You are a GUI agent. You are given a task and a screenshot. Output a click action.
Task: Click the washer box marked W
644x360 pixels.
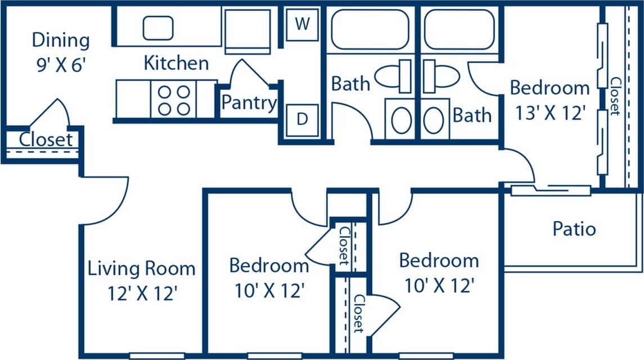point(303,25)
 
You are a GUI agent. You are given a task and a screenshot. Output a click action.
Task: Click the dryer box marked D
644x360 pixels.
point(303,120)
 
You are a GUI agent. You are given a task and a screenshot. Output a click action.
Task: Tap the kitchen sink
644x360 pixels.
point(158,28)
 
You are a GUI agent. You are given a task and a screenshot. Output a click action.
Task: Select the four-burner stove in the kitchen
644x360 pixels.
point(173,100)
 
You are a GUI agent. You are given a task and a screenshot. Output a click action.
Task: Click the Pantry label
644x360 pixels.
point(249,103)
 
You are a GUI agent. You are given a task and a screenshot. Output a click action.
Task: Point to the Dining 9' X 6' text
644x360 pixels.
point(61,50)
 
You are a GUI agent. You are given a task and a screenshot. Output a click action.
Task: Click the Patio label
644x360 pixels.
point(574,229)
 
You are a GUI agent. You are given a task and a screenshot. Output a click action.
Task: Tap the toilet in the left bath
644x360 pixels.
point(394,77)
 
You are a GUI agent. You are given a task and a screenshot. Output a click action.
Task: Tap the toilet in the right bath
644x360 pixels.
point(442,77)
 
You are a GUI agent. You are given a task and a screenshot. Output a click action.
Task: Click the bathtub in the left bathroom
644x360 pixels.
point(370,29)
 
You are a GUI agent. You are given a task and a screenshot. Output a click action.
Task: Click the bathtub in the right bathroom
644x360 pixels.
point(460,29)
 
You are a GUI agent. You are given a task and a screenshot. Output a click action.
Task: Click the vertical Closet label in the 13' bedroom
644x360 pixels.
point(615,96)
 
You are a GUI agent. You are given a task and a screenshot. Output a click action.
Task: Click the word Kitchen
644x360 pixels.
point(176,62)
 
